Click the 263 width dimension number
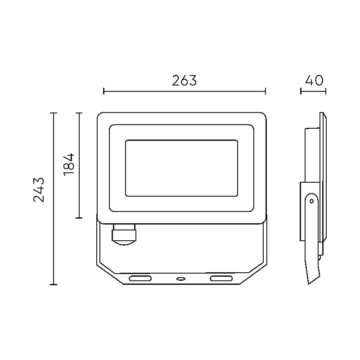click(184, 81)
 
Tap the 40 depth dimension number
click(314, 81)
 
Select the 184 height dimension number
click(69, 165)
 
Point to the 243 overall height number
click(39, 189)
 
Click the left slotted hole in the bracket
click(140, 279)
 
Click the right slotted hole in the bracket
click(221, 279)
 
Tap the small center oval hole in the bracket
click(181, 279)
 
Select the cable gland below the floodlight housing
click(124, 234)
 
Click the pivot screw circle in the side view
click(311, 201)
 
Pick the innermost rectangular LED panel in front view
click(181, 168)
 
